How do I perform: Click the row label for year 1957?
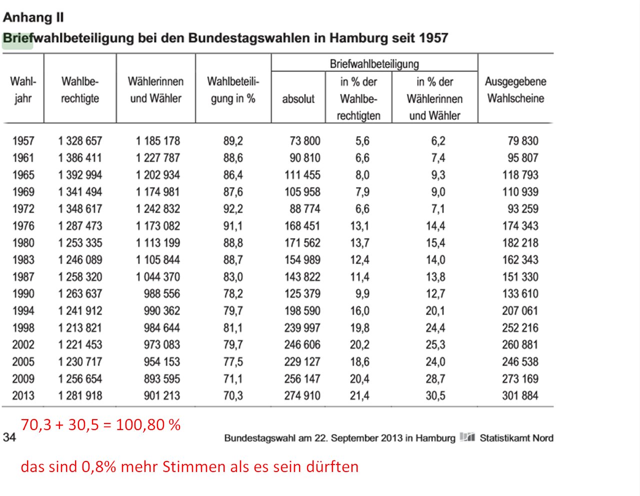click(x=23, y=141)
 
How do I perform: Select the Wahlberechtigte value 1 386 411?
click(x=80, y=158)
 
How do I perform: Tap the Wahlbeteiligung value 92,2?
click(x=233, y=209)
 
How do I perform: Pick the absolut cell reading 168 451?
click(x=302, y=226)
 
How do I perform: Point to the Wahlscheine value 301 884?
click(x=520, y=396)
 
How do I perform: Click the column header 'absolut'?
click(x=298, y=99)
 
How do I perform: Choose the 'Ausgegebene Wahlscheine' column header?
click(x=515, y=90)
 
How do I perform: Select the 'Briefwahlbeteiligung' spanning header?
click(x=374, y=64)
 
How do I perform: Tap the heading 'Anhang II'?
click(x=33, y=17)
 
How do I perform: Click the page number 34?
click(x=9, y=438)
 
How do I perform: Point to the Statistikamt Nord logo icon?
click(x=467, y=438)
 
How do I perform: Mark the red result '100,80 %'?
click(x=148, y=425)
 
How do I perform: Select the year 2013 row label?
click(x=23, y=396)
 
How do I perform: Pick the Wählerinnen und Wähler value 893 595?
click(x=161, y=379)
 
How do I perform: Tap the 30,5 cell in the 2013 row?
click(x=435, y=396)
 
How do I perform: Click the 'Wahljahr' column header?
click(x=23, y=90)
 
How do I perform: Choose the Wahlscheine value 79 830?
click(x=523, y=141)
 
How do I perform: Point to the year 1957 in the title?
click(x=433, y=38)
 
